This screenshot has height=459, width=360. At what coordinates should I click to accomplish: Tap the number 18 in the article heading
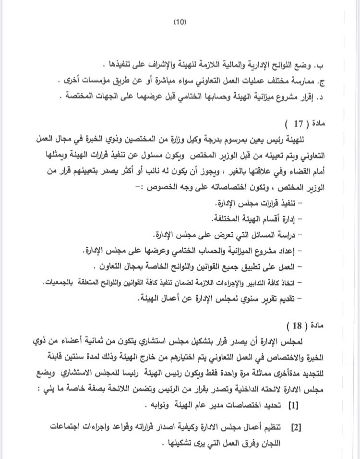click(x=299, y=326)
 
